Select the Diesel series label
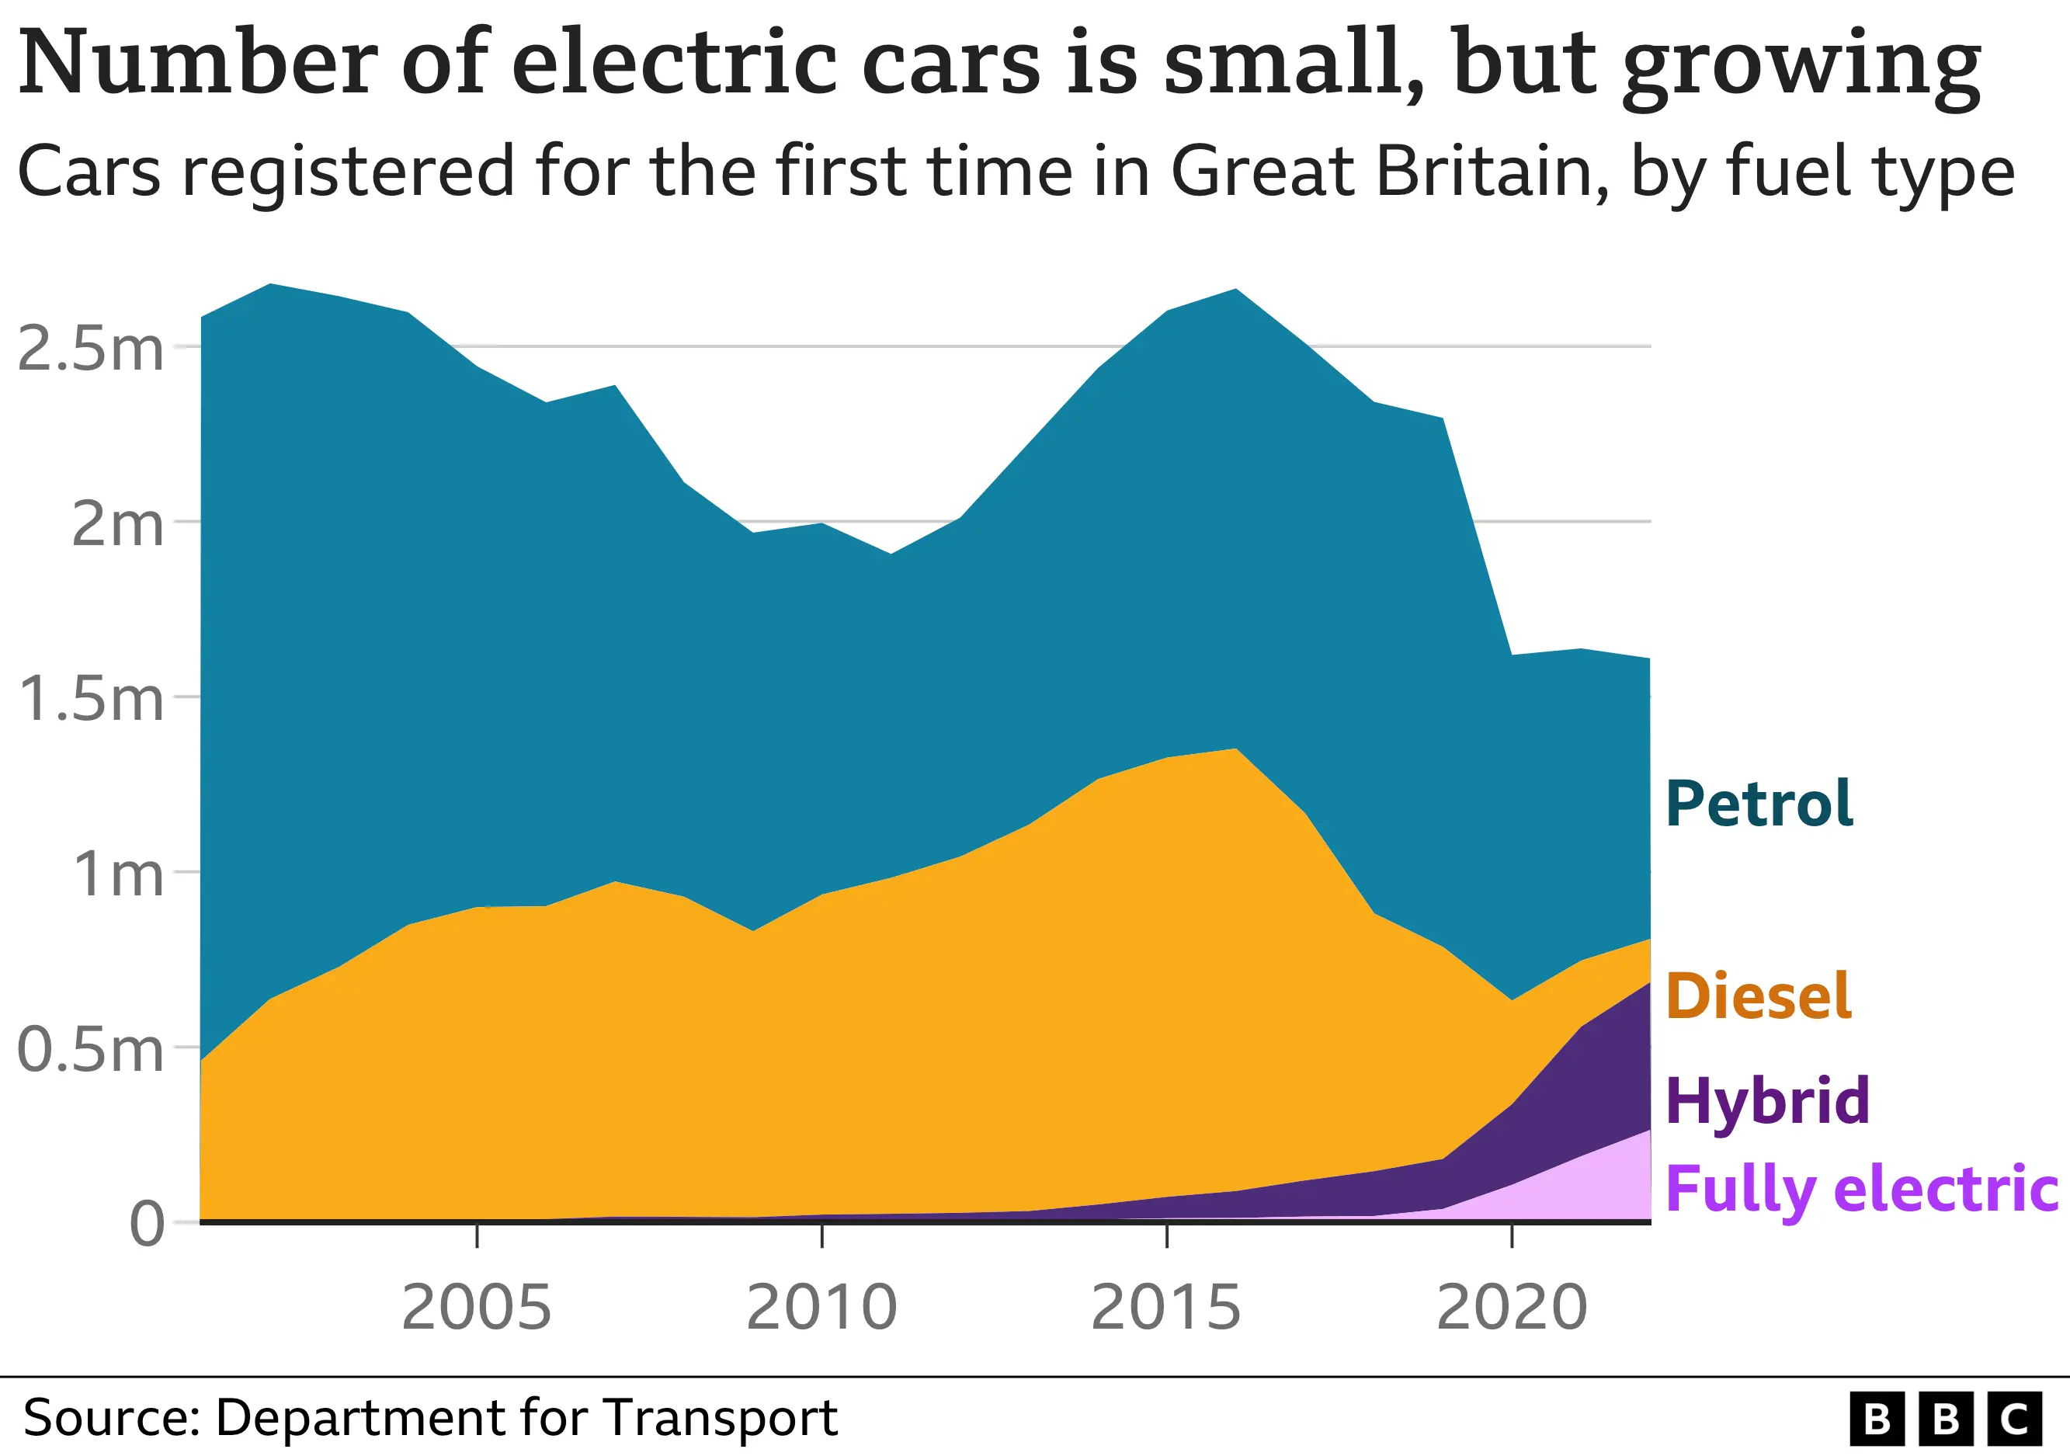pos(1758,996)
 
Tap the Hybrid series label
pos(1767,1101)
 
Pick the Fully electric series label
pos(1862,1188)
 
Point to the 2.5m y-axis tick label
pos(91,349)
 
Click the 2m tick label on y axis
pos(117,524)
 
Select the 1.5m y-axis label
pos(91,699)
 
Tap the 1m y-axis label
pos(118,874)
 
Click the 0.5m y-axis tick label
pos(91,1049)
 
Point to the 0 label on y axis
pos(147,1225)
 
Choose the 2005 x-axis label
pos(476,1307)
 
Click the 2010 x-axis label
pos(821,1307)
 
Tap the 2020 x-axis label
pos(1511,1307)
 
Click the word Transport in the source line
pos(721,1417)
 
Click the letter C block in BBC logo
pos(2014,1418)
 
